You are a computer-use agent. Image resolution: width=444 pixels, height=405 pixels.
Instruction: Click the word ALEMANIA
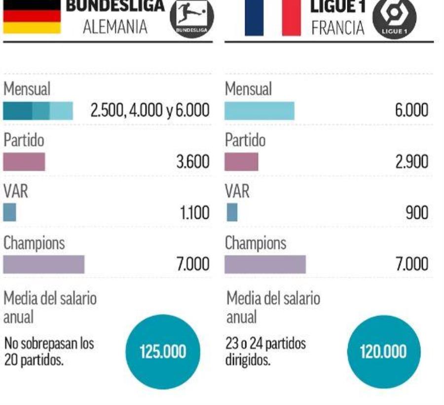point(115,27)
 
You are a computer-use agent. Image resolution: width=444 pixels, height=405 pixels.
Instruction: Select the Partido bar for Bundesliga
point(24,162)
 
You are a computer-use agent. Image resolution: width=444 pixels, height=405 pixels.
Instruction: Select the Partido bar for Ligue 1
point(241,162)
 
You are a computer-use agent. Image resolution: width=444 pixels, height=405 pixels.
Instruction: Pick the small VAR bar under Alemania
point(9,213)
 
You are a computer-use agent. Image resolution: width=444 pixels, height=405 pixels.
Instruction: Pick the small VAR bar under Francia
point(232,213)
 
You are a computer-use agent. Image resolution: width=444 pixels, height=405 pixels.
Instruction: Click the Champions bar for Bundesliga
point(44,265)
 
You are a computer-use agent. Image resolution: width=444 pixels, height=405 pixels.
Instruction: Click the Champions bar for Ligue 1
point(265,265)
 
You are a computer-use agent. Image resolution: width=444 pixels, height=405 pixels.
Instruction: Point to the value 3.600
point(193,162)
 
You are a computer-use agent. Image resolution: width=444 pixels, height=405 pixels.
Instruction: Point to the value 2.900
point(411,162)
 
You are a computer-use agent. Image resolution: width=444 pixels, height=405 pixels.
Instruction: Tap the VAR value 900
point(417,213)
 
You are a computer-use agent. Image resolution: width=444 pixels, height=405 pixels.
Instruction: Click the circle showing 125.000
point(163,352)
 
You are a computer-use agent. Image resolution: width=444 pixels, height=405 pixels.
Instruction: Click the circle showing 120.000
point(383,352)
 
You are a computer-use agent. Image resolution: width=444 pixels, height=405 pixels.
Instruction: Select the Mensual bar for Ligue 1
point(259,111)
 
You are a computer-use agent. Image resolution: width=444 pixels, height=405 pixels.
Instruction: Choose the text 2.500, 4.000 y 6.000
point(149,111)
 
